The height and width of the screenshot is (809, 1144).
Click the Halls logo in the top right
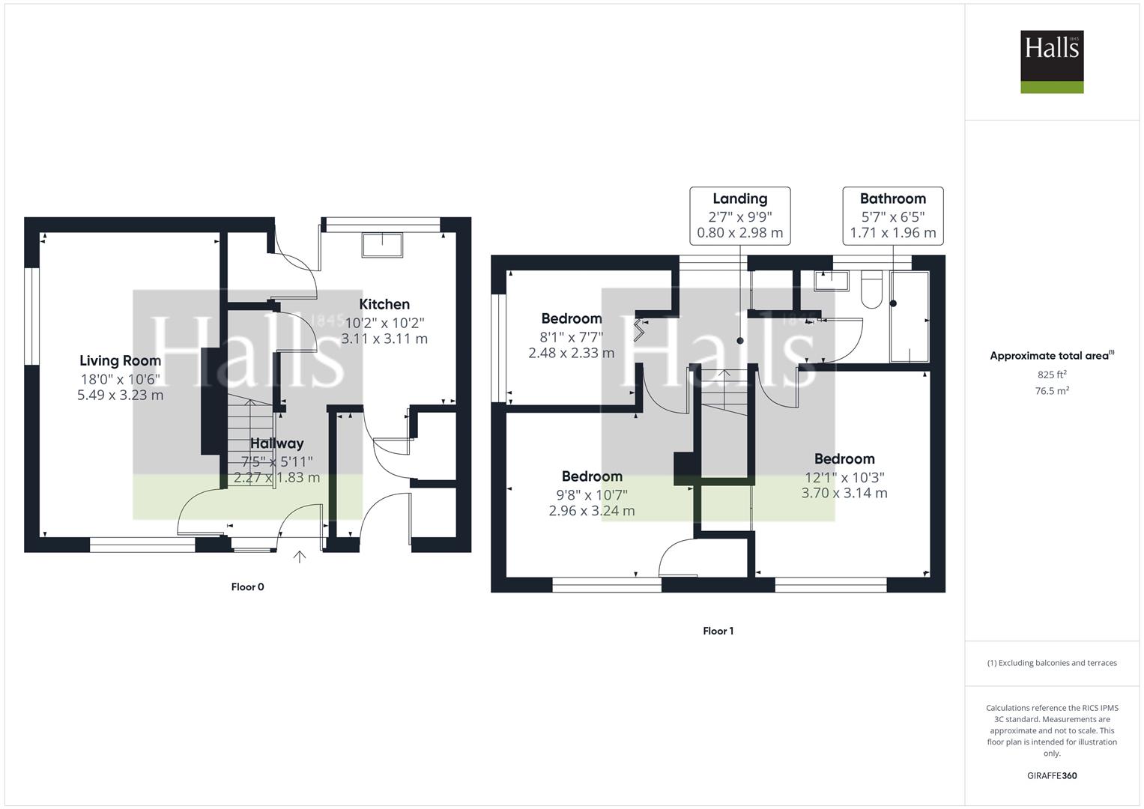coord(1052,61)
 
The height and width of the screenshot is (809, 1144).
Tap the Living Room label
coord(120,360)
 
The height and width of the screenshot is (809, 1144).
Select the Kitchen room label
coord(384,304)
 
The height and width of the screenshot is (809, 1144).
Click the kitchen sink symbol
coord(382,245)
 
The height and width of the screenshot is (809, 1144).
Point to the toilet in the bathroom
coord(871,289)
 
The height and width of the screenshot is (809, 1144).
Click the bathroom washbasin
coord(832,281)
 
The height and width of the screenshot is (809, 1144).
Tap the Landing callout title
coord(740,199)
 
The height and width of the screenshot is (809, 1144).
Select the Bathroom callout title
coord(893,199)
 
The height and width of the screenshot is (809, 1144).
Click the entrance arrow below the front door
coord(299,557)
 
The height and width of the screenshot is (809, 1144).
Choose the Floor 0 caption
coord(248,587)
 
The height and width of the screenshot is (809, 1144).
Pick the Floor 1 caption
coord(718,631)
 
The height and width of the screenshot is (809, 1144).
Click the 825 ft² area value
coord(1052,375)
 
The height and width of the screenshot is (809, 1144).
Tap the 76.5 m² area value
coord(1052,391)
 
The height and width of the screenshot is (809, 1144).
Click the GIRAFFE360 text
coord(1052,775)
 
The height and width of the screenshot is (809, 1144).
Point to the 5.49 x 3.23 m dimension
coord(120,395)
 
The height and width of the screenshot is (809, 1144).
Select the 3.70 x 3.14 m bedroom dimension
coord(844,493)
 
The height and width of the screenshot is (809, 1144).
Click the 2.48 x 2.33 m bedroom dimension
coord(572,353)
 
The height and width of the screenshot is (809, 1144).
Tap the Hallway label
coord(276,443)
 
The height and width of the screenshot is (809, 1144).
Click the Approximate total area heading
coord(1052,356)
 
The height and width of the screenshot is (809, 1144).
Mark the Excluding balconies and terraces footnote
coord(1052,663)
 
